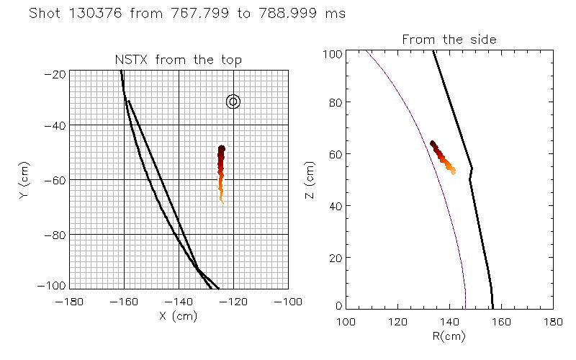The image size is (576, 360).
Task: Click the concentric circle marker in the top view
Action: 233,102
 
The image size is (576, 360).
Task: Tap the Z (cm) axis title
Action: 311,180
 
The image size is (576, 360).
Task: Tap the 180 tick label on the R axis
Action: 552,320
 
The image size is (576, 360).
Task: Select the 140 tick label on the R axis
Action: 449,320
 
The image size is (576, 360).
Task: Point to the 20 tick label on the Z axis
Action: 333,257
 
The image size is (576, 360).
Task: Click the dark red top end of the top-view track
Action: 222,149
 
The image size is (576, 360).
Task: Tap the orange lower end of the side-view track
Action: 452,171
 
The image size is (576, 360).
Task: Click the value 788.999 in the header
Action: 288,14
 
